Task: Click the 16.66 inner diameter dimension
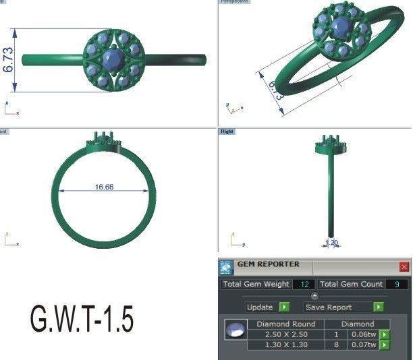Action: tap(104, 187)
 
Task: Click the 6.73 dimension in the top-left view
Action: tap(9, 60)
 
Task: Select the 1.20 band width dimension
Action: tap(332, 243)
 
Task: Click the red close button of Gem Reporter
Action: tap(404, 267)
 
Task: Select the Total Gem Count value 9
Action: tap(397, 284)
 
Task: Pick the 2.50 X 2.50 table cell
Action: tap(286, 334)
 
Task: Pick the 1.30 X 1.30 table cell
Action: tap(286, 344)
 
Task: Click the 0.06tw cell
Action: tap(363, 334)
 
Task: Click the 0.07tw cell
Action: tap(363, 344)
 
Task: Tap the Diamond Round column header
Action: tap(286, 324)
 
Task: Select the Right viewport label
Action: tap(227, 131)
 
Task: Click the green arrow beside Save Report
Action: tap(379, 307)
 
